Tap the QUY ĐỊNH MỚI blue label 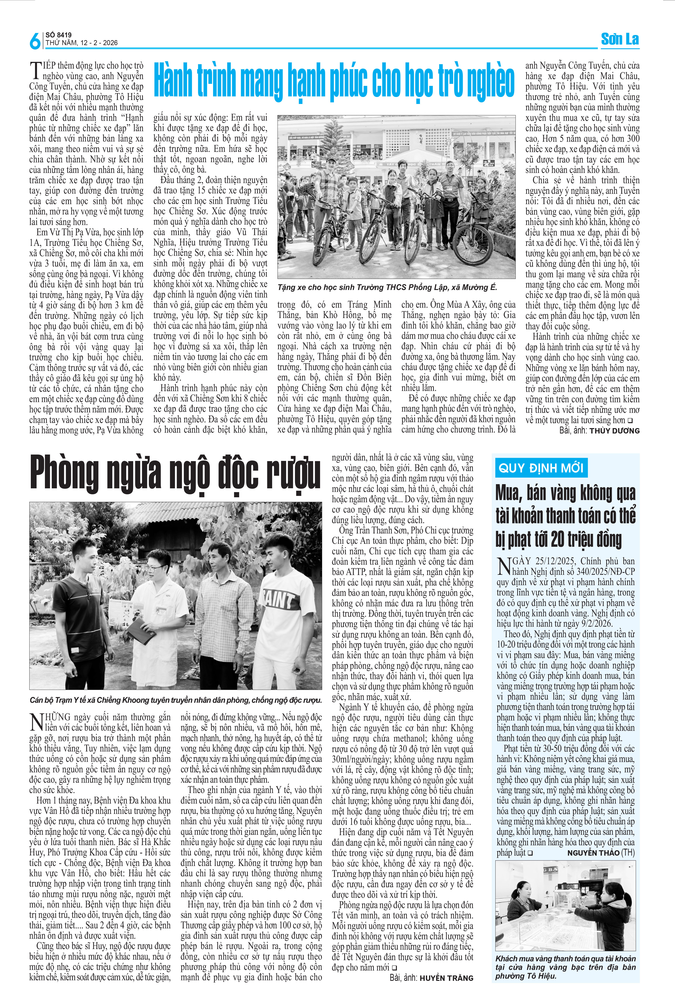click(x=541, y=468)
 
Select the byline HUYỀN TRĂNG click(x=446, y=978)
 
